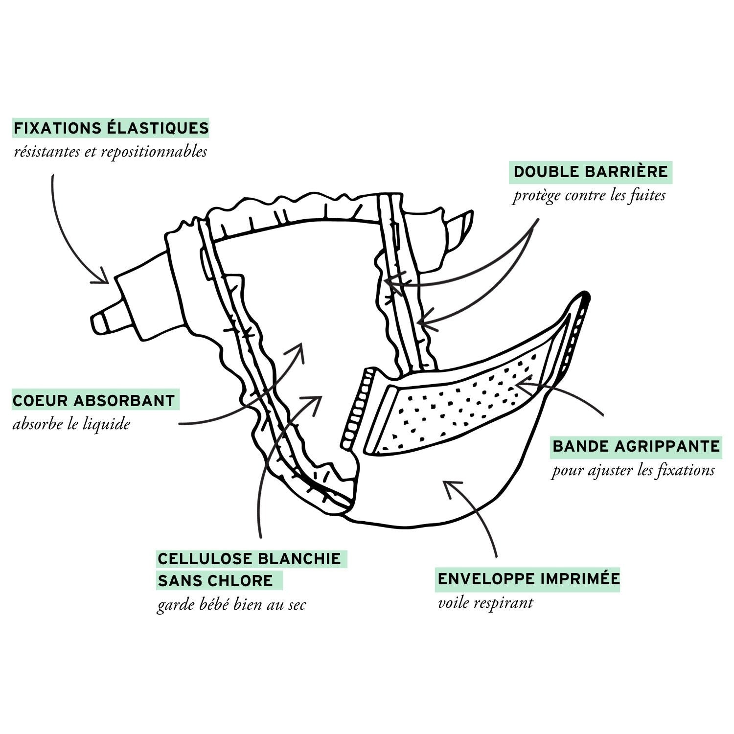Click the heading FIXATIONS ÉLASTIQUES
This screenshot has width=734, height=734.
coord(111,128)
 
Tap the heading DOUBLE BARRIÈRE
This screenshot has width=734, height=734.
coord(591,172)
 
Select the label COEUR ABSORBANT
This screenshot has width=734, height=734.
coord(94,400)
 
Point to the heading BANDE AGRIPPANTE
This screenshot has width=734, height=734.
coord(636,446)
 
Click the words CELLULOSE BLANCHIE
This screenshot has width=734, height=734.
coord(249,558)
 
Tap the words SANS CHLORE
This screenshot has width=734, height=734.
coord(215,581)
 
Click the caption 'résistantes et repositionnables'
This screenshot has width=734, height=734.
coord(111,152)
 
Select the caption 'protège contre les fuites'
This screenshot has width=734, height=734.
coord(589,196)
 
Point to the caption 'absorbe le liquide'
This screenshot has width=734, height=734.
coord(71,424)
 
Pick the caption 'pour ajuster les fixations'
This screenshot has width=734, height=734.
coord(633,471)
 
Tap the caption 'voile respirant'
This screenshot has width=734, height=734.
coord(485,602)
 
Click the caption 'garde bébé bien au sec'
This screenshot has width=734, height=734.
coord(231,605)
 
